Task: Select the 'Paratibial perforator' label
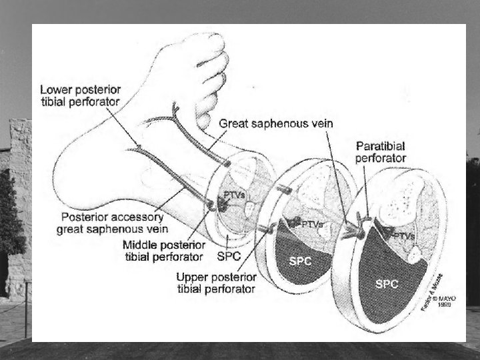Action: (381, 152)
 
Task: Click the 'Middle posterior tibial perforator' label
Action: (163, 251)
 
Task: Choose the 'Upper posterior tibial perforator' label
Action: (216, 283)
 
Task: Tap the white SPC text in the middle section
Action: (299, 261)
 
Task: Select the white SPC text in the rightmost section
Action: (387, 283)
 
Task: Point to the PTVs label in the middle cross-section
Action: (311, 225)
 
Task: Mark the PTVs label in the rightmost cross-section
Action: (403, 235)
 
